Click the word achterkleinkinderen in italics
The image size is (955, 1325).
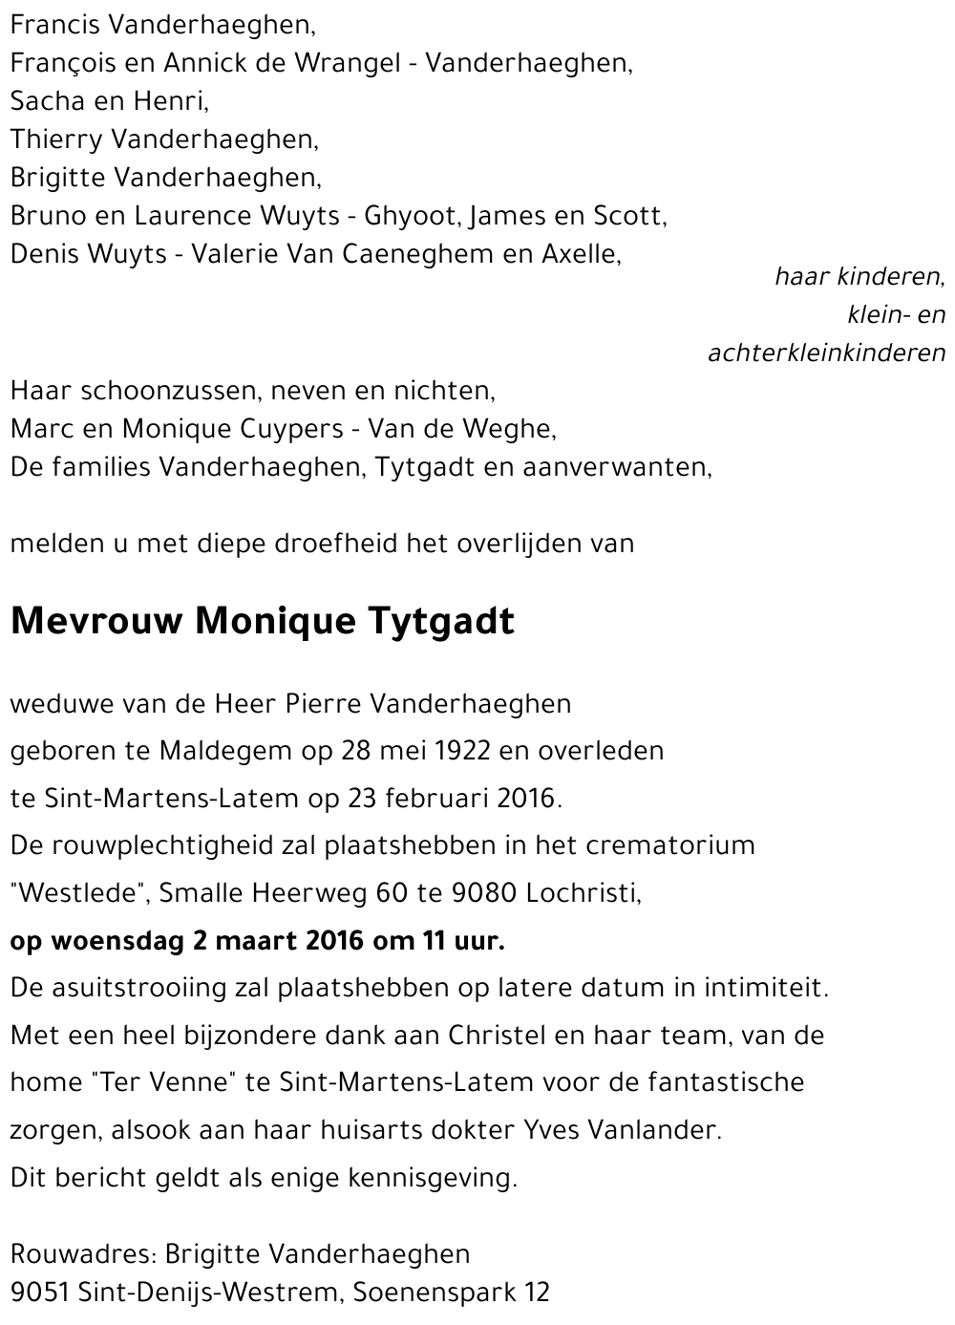[826, 353]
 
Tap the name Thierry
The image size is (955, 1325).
[55, 139]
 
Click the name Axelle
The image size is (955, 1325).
[582, 254]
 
